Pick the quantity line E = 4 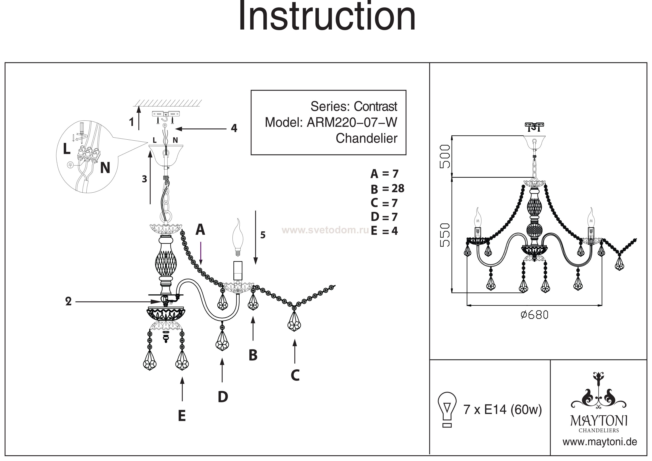point(384,231)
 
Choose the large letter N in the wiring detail point(105,168)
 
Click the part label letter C point(295,375)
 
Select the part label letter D point(223,397)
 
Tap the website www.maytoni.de point(599,442)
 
